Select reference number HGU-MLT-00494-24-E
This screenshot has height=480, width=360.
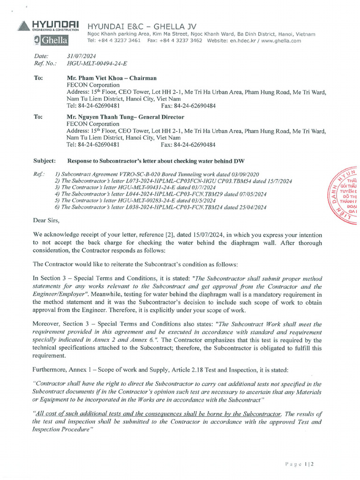[97, 63]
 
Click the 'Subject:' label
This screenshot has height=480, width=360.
[45, 161]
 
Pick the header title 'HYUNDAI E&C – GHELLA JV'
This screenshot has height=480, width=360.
[142, 26]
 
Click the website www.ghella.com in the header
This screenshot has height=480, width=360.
[281, 41]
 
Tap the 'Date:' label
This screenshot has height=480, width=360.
[41, 56]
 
